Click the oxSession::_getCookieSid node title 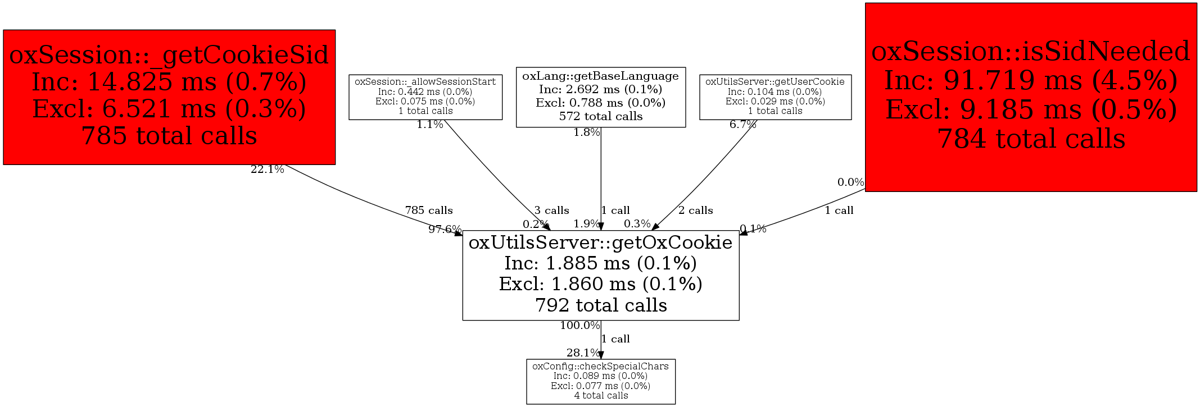pyautogui.click(x=169, y=55)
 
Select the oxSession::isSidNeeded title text pyautogui.click(x=1030, y=52)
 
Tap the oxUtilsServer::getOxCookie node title pyautogui.click(x=600, y=243)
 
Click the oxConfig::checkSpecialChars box pyautogui.click(x=600, y=381)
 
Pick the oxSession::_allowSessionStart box pyautogui.click(x=425, y=97)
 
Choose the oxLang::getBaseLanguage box pyautogui.click(x=600, y=97)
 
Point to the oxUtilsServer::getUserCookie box pyautogui.click(x=775, y=97)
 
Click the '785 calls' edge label pyautogui.click(x=429, y=211)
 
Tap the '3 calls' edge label pyautogui.click(x=551, y=211)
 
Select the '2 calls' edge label pyautogui.click(x=695, y=211)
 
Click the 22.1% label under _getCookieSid pyautogui.click(x=267, y=170)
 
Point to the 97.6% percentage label pyautogui.click(x=445, y=229)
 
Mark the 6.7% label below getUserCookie pyautogui.click(x=742, y=125)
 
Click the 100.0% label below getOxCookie pyautogui.click(x=579, y=326)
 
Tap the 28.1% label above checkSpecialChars pyautogui.click(x=583, y=353)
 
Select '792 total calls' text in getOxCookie pyautogui.click(x=600, y=305)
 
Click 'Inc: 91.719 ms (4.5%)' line pyautogui.click(x=1030, y=81)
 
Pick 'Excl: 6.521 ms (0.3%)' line pyautogui.click(x=169, y=109)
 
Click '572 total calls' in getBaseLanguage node pyautogui.click(x=600, y=117)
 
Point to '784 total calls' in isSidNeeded pyautogui.click(x=1030, y=139)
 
